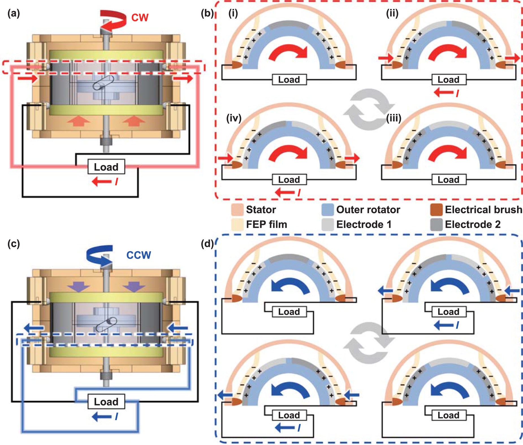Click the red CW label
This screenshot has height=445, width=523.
140,18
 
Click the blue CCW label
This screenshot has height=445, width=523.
139,255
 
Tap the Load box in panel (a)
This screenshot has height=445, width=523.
106,167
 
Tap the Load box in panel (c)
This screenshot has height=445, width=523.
106,401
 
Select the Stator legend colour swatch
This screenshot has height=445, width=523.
237,210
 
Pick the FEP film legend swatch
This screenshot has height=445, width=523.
237,224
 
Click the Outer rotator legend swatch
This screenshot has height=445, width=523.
327,210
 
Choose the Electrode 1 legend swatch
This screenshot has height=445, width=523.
327,224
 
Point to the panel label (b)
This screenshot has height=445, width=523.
207,13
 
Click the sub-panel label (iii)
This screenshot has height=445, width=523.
394,118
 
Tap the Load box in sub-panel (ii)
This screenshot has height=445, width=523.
448,80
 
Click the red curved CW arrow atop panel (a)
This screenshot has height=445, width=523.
113,20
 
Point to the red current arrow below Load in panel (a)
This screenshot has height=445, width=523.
102,181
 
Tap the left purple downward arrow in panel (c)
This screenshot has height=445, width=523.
78,286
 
